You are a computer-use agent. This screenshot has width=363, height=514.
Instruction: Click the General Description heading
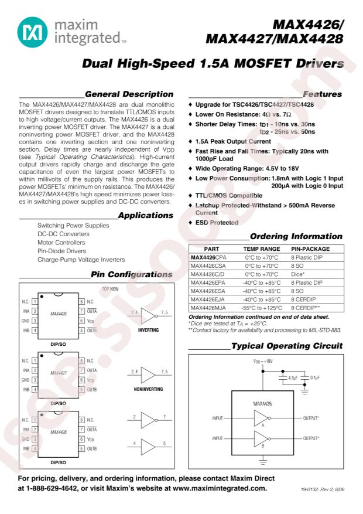(x=129, y=94)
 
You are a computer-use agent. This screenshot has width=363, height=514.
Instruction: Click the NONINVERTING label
(x=148, y=389)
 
